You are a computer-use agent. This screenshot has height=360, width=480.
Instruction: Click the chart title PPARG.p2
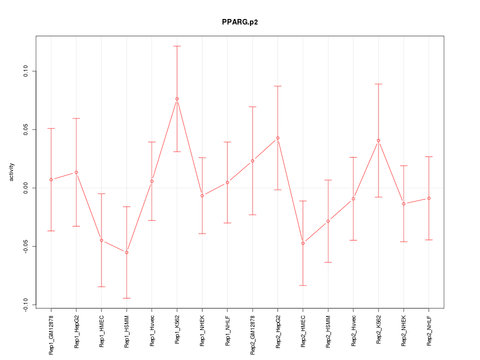click(x=240, y=22)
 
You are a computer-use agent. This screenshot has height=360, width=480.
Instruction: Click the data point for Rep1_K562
click(x=177, y=99)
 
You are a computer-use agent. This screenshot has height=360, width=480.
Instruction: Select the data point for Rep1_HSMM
click(x=126, y=252)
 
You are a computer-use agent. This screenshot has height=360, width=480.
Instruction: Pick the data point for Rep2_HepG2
click(x=277, y=138)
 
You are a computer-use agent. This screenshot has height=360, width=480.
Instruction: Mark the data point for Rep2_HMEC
click(x=303, y=243)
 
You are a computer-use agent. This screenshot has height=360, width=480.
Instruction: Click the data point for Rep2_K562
click(x=378, y=140)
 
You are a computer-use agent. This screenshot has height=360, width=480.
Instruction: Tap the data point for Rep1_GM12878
click(x=51, y=179)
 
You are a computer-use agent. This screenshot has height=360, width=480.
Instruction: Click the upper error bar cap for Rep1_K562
click(x=177, y=46)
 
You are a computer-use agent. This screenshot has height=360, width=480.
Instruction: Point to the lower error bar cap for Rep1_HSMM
click(x=126, y=298)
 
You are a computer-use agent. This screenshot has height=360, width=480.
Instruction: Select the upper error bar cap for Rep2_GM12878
click(x=252, y=106)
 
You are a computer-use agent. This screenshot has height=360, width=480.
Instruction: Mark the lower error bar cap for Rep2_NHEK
click(x=403, y=241)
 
